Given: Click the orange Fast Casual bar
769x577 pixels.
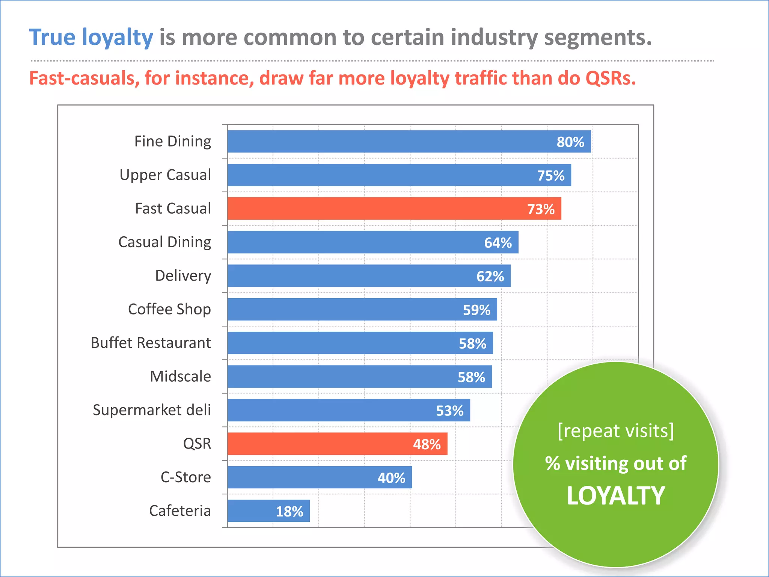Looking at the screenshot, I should [375, 208].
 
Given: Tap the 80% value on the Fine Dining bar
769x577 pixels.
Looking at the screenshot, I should [570, 142].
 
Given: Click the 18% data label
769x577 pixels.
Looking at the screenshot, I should [290, 511].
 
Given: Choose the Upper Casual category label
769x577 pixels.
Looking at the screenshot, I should [165, 175].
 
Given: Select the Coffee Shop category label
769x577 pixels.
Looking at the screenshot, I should [169, 309].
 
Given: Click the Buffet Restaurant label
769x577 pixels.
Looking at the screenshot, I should [151, 343].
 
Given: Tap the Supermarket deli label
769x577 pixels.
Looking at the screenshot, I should [152, 410].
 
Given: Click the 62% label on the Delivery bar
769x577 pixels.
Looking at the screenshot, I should [490, 276].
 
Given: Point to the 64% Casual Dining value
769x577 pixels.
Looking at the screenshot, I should [498, 243].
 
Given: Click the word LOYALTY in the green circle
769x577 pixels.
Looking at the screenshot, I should [616, 496].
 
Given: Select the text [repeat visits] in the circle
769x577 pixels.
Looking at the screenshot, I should [616, 430].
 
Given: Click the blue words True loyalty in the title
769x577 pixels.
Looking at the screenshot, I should [91, 38].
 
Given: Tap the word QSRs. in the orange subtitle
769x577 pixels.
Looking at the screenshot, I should [611, 78].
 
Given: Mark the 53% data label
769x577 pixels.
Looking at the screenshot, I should [449, 411].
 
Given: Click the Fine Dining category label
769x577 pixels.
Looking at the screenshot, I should [173, 142].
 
